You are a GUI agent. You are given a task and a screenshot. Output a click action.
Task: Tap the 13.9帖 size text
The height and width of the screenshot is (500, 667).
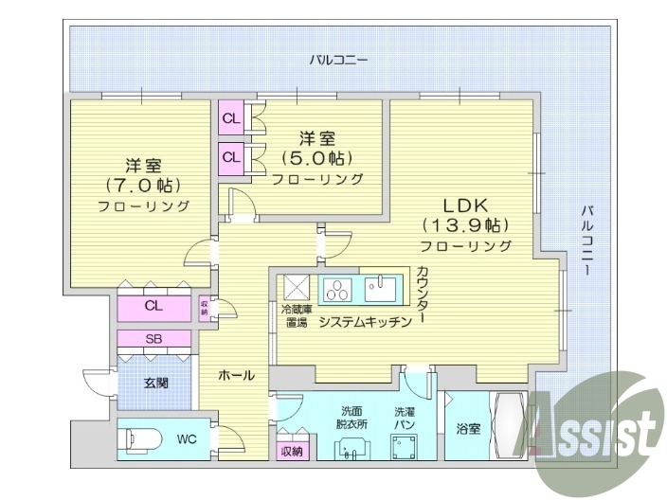(466, 226)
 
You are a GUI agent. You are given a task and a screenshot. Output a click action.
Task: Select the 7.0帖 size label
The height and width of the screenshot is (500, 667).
(143, 184)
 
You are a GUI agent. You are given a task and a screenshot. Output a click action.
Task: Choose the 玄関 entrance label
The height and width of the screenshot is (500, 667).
(156, 384)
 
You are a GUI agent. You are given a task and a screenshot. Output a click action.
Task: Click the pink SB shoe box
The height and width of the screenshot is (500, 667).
(153, 339)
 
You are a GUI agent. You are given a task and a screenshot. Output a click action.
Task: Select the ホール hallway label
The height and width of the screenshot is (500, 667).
(236, 376)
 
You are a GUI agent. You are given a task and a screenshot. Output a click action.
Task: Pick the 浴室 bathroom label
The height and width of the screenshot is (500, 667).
(467, 429)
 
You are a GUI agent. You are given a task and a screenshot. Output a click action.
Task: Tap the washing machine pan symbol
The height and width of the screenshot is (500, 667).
(411, 445)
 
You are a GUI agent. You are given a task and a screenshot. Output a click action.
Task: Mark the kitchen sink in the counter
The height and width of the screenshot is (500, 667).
(381, 288)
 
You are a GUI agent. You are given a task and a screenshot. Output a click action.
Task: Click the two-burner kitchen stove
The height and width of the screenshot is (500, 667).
(336, 288)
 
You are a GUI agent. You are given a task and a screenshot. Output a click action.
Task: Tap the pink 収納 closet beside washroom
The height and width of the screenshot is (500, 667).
(292, 451)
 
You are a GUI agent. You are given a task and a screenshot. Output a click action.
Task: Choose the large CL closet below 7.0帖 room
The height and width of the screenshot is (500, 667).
(153, 306)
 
